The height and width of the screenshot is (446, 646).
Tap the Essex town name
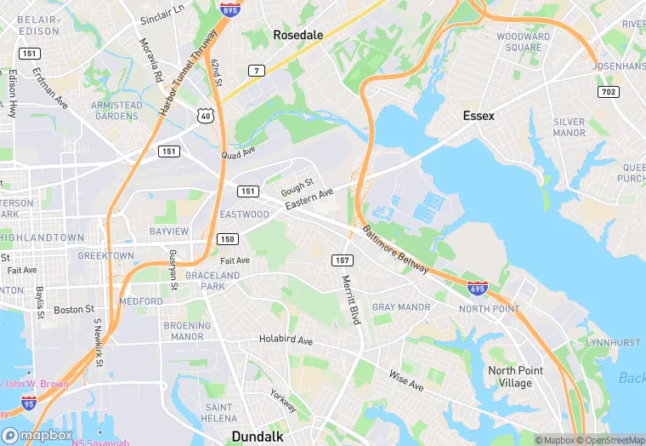click(479, 115)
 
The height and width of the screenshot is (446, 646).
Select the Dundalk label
click(258, 437)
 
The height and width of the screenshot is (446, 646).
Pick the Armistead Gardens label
click(117, 111)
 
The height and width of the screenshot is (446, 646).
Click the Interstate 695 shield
click(478, 289)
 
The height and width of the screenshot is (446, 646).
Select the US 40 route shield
click(205, 114)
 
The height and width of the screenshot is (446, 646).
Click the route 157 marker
click(343, 260)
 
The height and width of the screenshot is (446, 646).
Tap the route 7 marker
click(255, 69)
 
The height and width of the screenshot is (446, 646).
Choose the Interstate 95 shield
click(29, 402)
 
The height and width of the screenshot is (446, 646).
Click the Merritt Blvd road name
click(351, 300)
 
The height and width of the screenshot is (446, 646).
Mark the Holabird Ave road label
click(286, 341)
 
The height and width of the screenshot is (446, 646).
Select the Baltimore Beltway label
click(395, 249)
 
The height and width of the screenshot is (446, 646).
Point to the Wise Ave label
click(405, 380)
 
